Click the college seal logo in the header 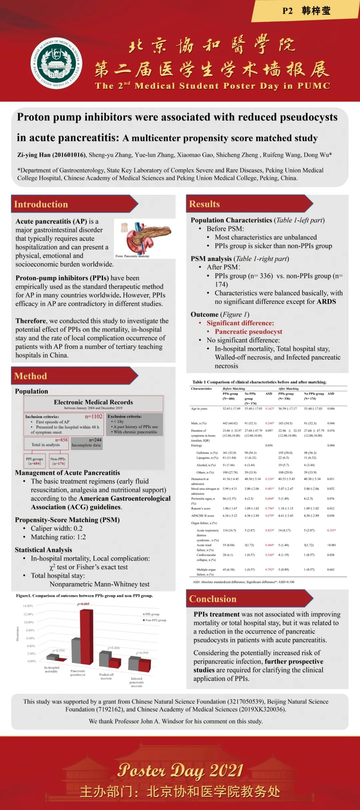click(x=57, y=63)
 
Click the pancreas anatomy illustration click(x=145, y=238)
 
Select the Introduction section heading click(x=41, y=204)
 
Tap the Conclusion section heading click(x=213, y=599)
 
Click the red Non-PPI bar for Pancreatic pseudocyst click(x=86, y=636)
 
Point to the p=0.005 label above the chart click(x=83, y=604)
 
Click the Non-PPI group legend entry click(x=155, y=620)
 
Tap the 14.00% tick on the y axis click(x=28, y=606)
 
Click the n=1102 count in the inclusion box click(x=94, y=417)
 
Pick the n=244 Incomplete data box click(x=87, y=443)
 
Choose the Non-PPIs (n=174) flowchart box click(x=59, y=461)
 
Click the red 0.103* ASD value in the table click(x=331, y=530)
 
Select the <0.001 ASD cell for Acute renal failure click(x=331, y=545)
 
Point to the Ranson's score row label click(x=201, y=509)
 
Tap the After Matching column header click(x=289, y=388)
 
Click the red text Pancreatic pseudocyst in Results click(x=248, y=331)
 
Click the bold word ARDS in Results click(x=326, y=301)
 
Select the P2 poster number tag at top click(x=287, y=11)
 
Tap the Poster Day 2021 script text click(x=180, y=770)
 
